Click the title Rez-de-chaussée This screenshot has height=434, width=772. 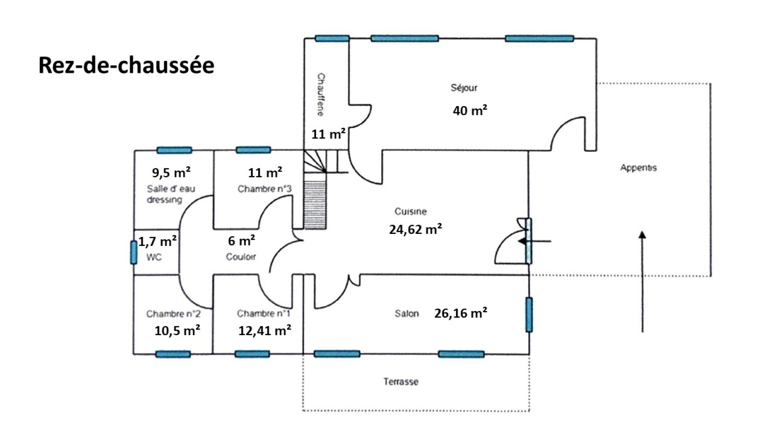[126, 66]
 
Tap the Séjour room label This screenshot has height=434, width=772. [464, 88]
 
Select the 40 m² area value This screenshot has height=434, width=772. [469, 110]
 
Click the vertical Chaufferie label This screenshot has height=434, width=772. [320, 95]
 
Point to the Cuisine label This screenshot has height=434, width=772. [410, 211]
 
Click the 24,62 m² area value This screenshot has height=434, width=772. [415, 230]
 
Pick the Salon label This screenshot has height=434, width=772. [406, 313]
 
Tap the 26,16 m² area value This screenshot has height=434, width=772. [460, 313]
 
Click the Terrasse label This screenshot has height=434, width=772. [400, 381]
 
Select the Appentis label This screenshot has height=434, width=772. [638, 168]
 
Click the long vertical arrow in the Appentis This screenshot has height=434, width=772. [642, 282]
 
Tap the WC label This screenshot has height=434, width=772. [154, 257]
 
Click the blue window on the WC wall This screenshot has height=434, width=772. [134, 252]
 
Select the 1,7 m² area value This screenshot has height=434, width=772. [157, 241]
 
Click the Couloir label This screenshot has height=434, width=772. [241, 257]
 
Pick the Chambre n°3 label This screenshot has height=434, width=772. [264, 189]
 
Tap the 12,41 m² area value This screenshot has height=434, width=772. [264, 331]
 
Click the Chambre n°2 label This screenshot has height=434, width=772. [173, 314]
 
